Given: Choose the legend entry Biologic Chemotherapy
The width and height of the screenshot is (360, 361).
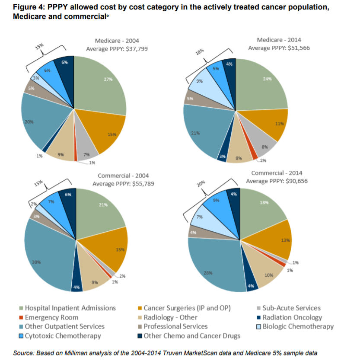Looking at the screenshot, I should [x=298, y=326].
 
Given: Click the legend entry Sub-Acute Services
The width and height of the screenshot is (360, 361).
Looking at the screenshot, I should [x=291, y=308].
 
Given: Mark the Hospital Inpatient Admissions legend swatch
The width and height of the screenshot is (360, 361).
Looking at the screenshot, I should [x=21, y=308].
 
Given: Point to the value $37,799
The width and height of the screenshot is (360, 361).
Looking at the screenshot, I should [x=134, y=49].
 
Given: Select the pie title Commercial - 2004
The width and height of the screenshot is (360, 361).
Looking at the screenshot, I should [x=123, y=176].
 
